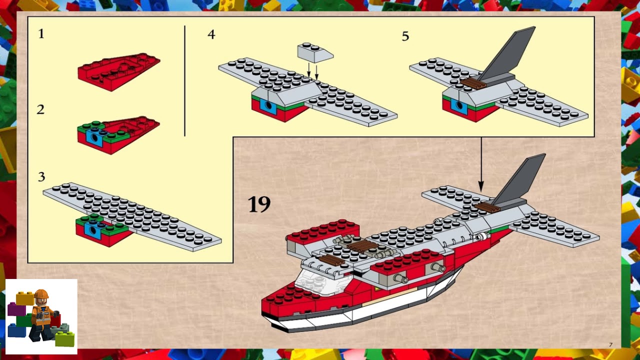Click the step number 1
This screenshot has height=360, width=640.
tap(41, 34)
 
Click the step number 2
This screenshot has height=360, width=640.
tap(40, 109)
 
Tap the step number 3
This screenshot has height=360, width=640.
tap(41, 176)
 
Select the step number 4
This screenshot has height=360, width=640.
tap(211, 34)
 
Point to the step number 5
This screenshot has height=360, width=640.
tap(405, 36)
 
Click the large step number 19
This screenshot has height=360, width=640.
tap(259, 204)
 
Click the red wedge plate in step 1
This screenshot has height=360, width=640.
tap(119, 71)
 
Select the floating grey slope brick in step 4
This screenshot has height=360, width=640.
tap(314, 52)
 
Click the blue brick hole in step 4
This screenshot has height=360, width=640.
tap(269, 106)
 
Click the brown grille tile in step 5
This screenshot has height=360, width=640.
tap(473, 83)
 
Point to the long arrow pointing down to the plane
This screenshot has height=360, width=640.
tap(481, 165)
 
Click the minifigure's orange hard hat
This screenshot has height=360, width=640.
tap(41, 294)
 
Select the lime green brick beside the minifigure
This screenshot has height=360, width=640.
tap(64, 339)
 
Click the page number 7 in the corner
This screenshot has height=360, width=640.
tap(610, 344)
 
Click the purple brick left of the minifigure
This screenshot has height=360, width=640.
tap(16, 309)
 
